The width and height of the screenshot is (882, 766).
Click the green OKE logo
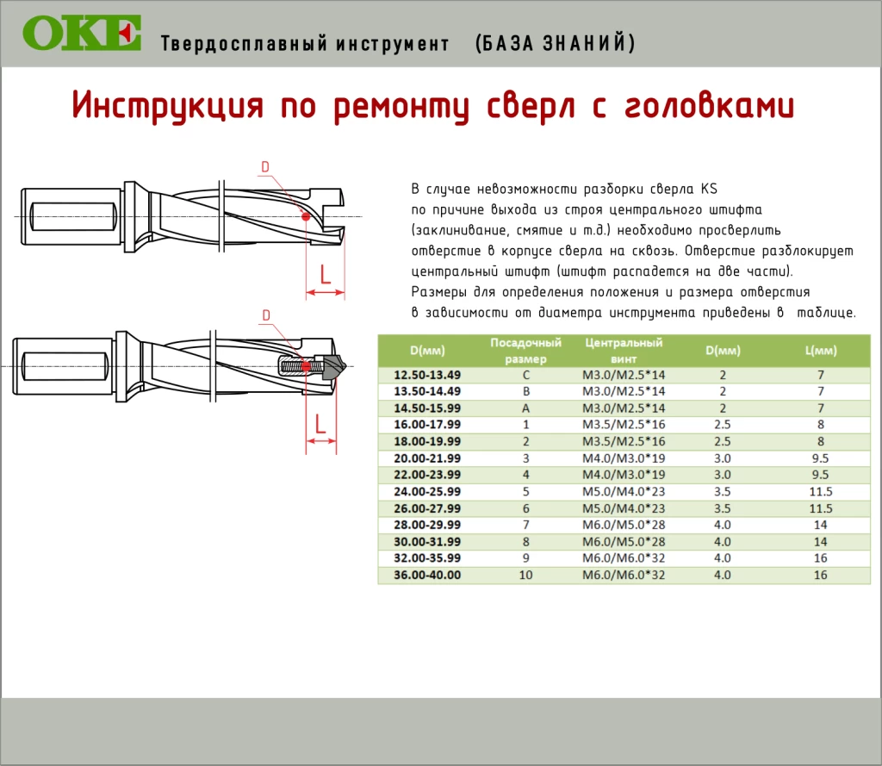(x=82, y=33)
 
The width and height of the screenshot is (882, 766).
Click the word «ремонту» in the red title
(x=401, y=107)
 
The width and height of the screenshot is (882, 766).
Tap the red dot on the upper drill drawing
(x=306, y=216)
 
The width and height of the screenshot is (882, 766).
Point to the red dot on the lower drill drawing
(x=306, y=367)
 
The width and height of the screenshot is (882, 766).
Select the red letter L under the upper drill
(x=325, y=274)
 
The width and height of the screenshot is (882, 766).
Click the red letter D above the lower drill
(x=266, y=315)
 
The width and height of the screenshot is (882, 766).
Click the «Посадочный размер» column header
(x=525, y=351)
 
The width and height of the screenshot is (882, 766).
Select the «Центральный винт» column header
(x=624, y=351)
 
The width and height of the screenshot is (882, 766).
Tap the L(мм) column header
(x=821, y=351)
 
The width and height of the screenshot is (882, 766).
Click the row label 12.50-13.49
(x=427, y=375)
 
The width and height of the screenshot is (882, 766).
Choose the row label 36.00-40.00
(x=427, y=576)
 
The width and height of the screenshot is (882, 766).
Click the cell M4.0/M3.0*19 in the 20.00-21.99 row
(x=624, y=458)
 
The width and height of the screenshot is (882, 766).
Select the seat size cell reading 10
(x=525, y=576)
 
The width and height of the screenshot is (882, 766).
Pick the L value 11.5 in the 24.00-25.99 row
(x=821, y=492)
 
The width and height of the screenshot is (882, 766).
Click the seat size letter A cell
(x=525, y=408)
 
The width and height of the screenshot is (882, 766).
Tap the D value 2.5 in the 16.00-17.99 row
(x=723, y=425)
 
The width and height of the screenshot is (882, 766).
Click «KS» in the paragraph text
(x=709, y=189)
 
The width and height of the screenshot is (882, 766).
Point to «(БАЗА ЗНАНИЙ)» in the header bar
(x=556, y=43)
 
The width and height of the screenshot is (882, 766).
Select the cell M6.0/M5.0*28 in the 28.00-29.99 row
(x=624, y=525)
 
